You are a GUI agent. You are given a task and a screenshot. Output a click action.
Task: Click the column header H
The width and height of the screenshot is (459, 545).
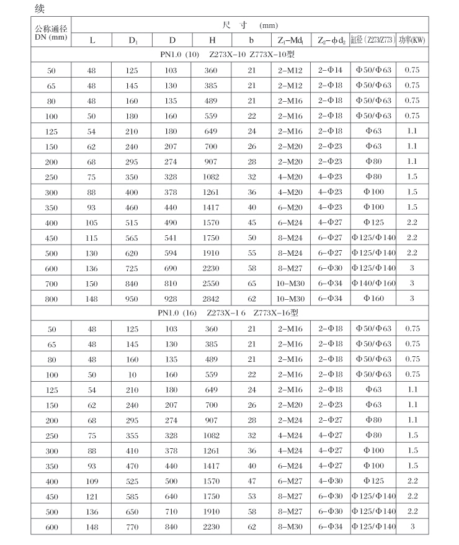(212, 40)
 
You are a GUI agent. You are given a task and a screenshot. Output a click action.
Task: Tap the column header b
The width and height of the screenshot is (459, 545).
(251, 40)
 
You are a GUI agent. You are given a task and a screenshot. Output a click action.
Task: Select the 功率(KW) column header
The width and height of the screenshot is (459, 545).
(412, 40)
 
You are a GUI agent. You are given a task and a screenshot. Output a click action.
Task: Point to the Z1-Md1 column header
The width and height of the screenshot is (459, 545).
(291, 40)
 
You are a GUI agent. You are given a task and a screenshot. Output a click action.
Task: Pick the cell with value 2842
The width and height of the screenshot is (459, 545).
(212, 299)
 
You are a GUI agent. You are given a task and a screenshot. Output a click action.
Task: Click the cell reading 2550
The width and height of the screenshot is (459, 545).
(212, 283)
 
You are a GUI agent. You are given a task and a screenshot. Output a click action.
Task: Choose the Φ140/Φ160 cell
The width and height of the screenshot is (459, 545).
(373, 283)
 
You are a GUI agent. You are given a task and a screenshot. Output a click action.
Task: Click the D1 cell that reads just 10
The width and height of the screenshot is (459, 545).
(132, 374)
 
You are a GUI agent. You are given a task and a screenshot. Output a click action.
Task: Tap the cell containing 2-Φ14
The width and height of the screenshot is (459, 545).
(330, 70)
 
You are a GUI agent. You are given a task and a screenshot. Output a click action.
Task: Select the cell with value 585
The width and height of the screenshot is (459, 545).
(132, 496)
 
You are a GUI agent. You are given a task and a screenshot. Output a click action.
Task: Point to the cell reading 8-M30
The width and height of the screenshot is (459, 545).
(291, 526)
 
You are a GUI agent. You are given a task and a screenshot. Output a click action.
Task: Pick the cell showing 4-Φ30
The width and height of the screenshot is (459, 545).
(330, 481)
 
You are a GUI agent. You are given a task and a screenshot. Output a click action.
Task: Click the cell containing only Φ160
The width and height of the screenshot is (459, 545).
(373, 299)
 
